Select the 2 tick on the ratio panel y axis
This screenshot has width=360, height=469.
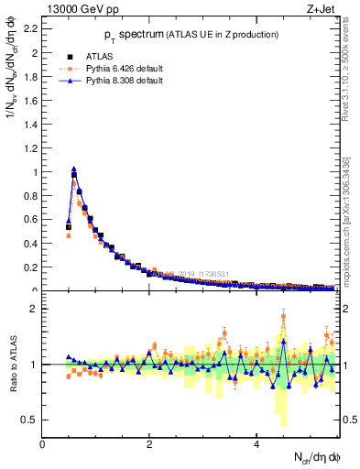34,309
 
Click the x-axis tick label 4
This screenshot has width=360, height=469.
256,442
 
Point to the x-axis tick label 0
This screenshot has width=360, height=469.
43,442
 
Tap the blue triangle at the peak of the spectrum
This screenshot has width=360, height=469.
74,169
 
